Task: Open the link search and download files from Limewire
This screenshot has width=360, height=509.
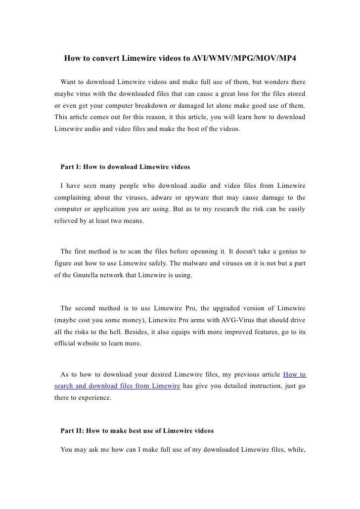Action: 116,385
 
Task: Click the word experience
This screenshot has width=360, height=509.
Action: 95,397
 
